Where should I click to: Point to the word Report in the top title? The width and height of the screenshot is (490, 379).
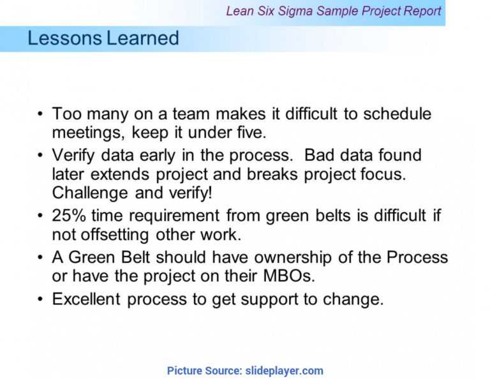[x=419, y=11]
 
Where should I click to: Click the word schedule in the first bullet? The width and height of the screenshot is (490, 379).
[x=397, y=115]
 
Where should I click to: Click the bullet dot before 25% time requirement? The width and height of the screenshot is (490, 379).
[x=40, y=216]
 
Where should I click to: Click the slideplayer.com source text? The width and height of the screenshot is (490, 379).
[x=284, y=371]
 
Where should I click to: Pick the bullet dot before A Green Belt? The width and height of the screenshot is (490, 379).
[x=40, y=258]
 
